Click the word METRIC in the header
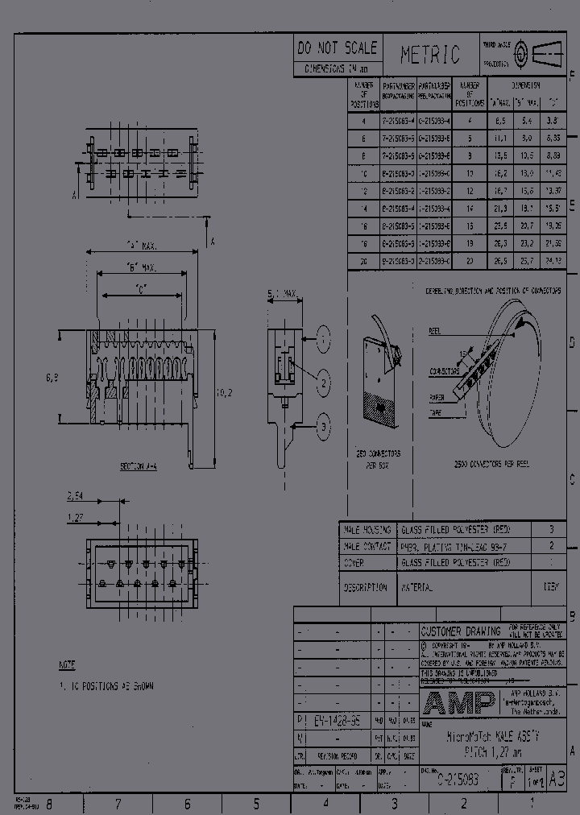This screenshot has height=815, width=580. tap(430, 55)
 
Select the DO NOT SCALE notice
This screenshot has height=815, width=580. tap(337, 48)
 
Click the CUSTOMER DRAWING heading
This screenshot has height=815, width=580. tap(461, 631)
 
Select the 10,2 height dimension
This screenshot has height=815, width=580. tap(226, 393)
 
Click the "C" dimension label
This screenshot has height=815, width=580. tap(141, 292)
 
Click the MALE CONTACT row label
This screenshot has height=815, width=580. tap(367, 546)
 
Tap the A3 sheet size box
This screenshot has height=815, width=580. tap(556, 778)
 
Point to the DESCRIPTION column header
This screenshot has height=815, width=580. tap(365, 588)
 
